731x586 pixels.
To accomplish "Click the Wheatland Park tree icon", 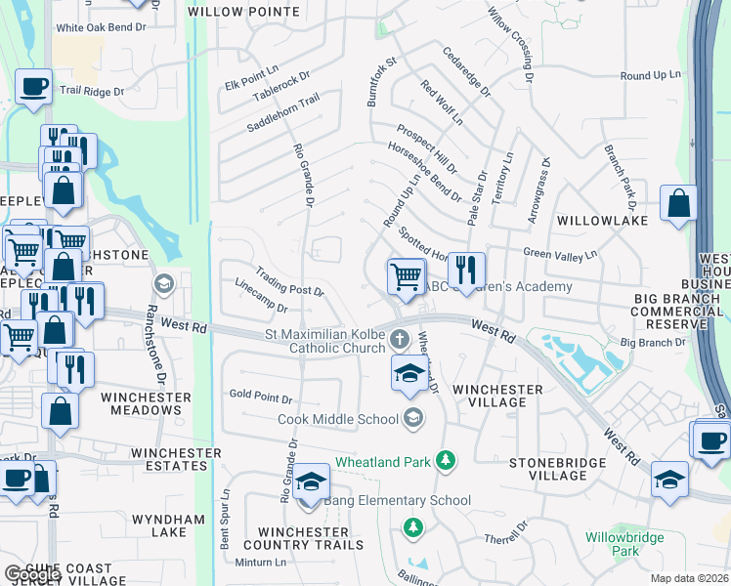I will coord(446,459).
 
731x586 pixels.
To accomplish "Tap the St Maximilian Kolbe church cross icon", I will coord(399,339).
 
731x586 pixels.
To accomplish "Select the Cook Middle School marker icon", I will coord(413,418).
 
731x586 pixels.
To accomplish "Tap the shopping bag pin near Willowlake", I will coord(678,203).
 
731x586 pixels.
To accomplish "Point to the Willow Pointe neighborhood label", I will coord(257,12).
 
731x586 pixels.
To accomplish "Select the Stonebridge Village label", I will coord(548,468).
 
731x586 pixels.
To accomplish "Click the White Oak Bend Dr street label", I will coord(101,28).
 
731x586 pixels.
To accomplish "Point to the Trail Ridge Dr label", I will coord(92,91).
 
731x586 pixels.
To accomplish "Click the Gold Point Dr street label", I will coord(261,399).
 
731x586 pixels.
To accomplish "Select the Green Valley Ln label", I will coord(560,254).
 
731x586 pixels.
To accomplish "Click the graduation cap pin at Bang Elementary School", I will coord(311,481).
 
